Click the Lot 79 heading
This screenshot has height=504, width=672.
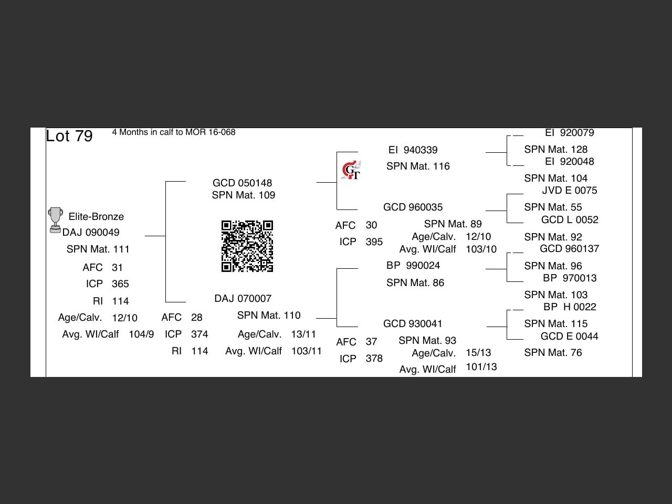click(x=69, y=136)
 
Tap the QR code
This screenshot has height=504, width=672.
click(x=247, y=246)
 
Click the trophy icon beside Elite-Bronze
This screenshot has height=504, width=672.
click(x=56, y=220)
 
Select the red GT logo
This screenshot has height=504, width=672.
click(x=351, y=170)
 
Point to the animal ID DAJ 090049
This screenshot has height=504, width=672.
click(x=91, y=233)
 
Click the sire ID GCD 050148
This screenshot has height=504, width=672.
click(x=242, y=183)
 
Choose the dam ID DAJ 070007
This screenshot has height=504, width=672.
click(x=243, y=298)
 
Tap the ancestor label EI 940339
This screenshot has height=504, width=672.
click(x=413, y=150)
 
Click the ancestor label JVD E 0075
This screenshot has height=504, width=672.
click(x=570, y=191)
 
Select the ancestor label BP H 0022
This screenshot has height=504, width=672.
click(x=570, y=307)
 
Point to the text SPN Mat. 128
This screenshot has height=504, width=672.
click(x=555, y=149)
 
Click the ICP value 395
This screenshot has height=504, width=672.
click(x=374, y=241)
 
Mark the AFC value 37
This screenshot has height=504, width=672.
click(x=371, y=341)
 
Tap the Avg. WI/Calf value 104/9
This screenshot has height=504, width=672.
click(x=141, y=334)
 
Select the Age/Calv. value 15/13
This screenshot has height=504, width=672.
click(x=478, y=353)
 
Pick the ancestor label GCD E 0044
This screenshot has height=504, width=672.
click(x=569, y=336)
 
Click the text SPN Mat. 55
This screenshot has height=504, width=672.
click(x=553, y=207)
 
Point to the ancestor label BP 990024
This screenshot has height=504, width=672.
click(x=413, y=265)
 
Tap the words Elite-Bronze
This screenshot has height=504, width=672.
click(x=96, y=217)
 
